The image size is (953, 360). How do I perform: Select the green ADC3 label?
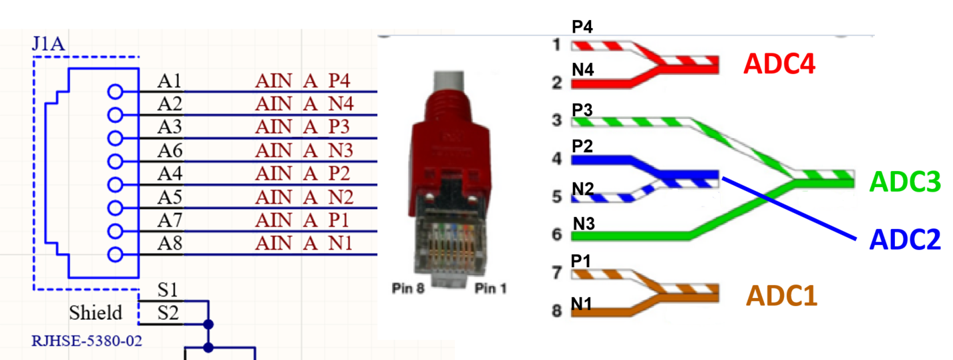(906, 181)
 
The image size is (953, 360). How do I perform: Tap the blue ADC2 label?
(905, 238)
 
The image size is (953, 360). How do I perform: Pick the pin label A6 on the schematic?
(170, 150)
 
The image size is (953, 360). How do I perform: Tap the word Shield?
(96, 313)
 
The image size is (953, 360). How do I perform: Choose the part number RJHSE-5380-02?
(87, 341)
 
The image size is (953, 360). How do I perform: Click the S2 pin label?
(168, 312)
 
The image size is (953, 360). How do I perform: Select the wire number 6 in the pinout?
(556, 235)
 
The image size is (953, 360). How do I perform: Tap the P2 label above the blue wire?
(582, 146)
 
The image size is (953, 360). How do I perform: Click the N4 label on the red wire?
(582, 69)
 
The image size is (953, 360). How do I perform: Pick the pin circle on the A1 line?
(115, 92)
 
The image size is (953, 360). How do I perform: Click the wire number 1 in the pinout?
(556, 45)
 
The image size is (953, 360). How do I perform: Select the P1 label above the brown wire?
(582, 261)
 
